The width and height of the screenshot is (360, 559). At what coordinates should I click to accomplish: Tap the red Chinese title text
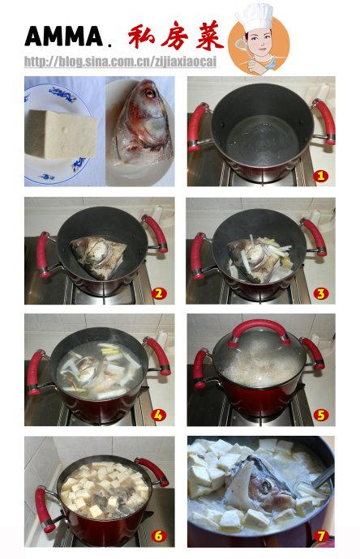click(174, 36)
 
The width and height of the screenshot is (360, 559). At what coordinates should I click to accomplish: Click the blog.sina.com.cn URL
click(120, 62)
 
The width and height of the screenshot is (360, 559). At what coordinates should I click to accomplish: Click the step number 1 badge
click(321, 175)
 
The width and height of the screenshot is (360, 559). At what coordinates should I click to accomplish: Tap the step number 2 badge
click(159, 292)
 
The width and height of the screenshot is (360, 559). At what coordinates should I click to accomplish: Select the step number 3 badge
click(321, 292)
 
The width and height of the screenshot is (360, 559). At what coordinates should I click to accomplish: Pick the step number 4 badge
click(159, 414)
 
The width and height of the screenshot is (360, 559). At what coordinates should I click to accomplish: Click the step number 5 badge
click(321, 414)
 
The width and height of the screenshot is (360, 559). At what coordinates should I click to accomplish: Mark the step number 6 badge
click(159, 536)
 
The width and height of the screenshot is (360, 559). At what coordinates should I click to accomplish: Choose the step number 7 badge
click(321, 536)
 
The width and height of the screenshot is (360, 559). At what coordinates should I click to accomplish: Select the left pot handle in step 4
click(36, 372)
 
